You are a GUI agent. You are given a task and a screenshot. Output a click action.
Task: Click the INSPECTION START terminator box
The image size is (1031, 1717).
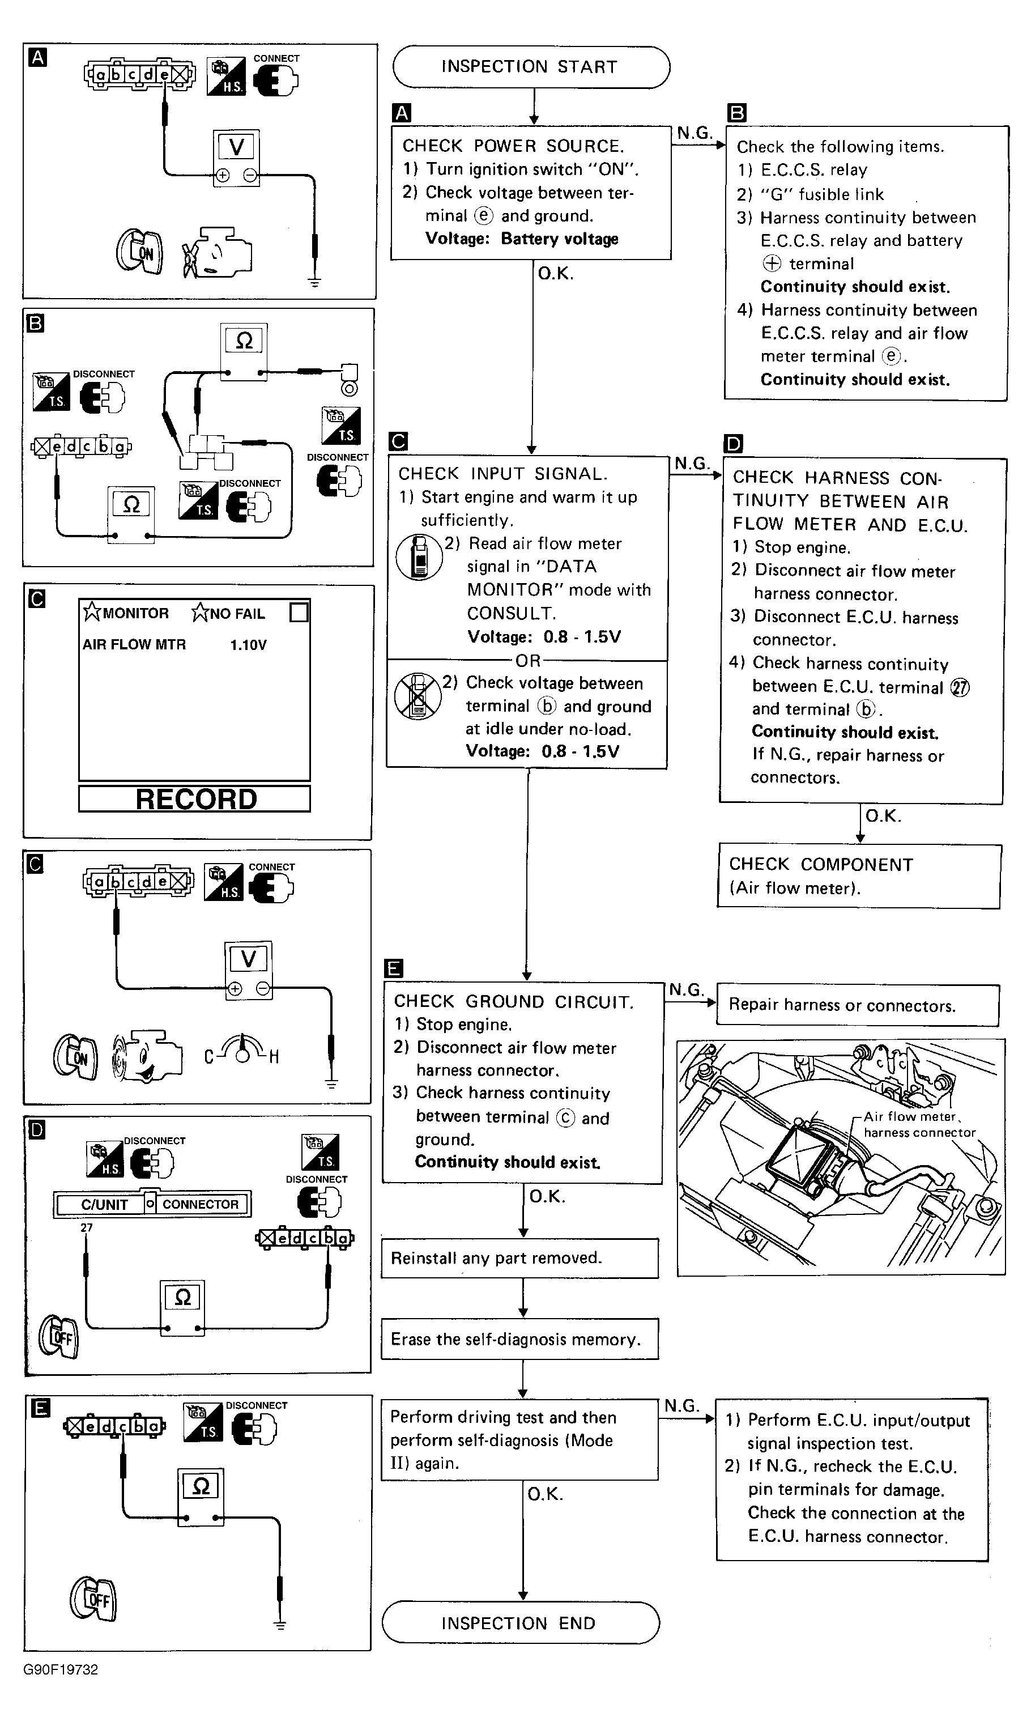pos(531,67)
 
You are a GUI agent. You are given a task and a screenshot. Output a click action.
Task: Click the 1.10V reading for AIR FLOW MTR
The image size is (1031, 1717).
pos(248,645)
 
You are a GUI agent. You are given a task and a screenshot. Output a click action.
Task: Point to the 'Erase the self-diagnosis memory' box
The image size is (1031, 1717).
pos(519,1339)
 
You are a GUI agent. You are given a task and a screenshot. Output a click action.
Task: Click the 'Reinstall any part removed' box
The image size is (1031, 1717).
pos(519,1257)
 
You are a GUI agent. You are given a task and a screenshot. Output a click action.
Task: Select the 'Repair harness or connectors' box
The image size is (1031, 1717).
pos(857,1005)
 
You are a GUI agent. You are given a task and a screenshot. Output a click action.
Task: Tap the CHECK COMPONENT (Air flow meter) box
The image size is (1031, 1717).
pos(859,876)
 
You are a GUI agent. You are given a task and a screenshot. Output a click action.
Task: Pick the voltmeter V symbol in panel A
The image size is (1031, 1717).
pos(236,147)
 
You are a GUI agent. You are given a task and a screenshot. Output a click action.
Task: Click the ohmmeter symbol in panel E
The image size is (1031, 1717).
pos(201,1486)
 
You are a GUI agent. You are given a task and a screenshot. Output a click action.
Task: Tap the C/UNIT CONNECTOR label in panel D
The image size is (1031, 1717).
pos(152,1204)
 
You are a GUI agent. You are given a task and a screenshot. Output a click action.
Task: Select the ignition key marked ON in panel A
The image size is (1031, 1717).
pos(140,252)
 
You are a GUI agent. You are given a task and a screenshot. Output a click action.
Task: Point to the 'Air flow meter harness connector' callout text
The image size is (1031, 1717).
pos(918,1124)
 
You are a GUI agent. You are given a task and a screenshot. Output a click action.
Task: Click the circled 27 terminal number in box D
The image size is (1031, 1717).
pos(960,687)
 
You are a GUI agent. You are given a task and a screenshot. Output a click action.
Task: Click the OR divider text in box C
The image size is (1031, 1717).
pos(527,660)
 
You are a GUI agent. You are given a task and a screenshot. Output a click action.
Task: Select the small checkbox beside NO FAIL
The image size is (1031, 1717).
pos(299,612)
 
